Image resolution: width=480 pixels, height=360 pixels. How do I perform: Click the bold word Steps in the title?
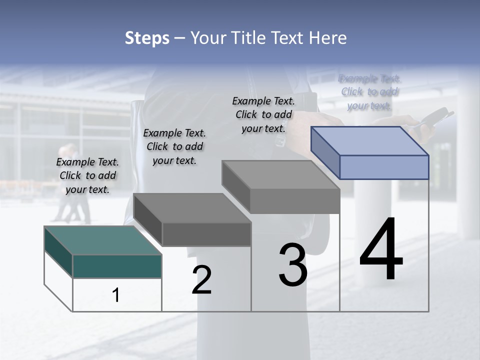pyautogui.click(x=147, y=38)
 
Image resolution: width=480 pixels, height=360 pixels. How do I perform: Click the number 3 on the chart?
pyautogui.click(x=293, y=265)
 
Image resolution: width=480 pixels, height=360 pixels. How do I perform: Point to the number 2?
pyautogui.click(x=201, y=279)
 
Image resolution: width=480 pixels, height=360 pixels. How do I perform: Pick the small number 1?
pyautogui.click(x=116, y=295)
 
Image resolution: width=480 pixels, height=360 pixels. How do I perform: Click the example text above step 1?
pyautogui.click(x=87, y=175)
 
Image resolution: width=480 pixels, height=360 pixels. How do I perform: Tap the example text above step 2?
pyautogui.click(x=174, y=146)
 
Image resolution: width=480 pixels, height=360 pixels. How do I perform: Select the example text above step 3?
pyautogui.click(x=263, y=114)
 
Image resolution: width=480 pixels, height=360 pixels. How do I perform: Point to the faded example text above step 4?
pyautogui.click(x=369, y=91)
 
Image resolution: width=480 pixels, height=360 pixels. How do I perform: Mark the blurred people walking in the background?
pyautogui.click(x=72, y=185)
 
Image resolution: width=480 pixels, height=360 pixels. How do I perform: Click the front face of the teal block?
pyautogui.click(x=117, y=266)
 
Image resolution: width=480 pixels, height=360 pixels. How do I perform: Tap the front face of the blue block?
pyautogui.click(x=384, y=167)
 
